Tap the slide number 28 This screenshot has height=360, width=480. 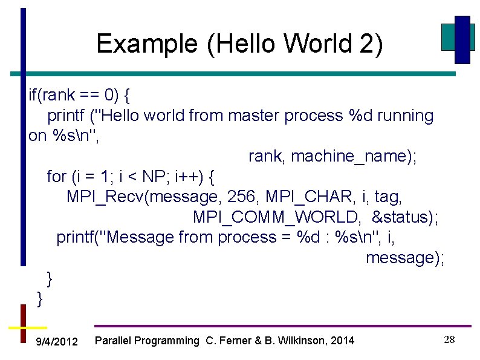click(449, 339)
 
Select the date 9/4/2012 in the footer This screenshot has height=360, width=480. click(57, 342)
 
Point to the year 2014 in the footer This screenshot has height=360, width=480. click(343, 341)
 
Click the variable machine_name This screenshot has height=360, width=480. click(354, 156)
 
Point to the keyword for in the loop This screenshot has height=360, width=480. click(56, 177)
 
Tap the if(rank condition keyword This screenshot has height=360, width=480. click(53, 95)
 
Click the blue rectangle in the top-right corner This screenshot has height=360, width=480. click(462, 39)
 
